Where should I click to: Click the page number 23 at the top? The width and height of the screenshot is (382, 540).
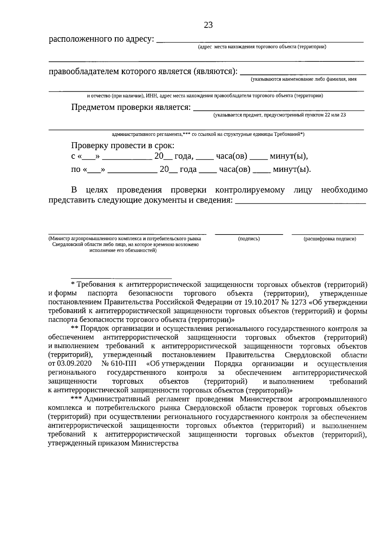pos(208,25)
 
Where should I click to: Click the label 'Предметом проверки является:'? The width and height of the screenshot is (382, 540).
pos(131,107)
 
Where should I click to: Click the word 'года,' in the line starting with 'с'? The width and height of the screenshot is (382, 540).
pos(184,156)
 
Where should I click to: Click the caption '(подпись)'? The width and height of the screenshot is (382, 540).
pos(249,239)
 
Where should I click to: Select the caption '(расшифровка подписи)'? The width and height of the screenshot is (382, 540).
pos(330,239)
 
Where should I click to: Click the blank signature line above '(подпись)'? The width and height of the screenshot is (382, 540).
pos(249,234)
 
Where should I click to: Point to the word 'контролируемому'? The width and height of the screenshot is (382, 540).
pos(250,190)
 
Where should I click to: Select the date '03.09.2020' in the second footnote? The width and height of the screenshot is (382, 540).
pos(74,364)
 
